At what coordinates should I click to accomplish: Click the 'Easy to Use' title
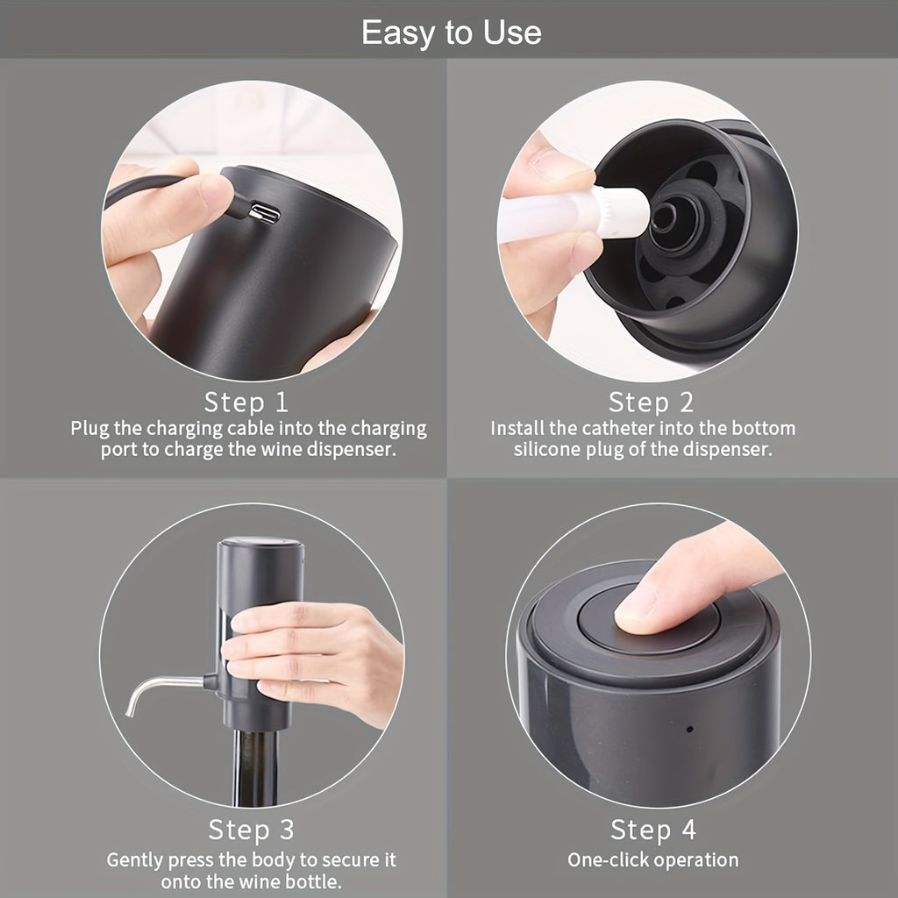click(451, 33)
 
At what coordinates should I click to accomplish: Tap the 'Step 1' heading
click(246, 403)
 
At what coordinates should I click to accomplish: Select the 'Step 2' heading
click(651, 403)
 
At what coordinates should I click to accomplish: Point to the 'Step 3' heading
click(251, 829)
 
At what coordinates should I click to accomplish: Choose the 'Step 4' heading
click(652, 830)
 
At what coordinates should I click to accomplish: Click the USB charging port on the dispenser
click(263, 212)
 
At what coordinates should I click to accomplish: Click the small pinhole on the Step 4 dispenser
click(689, 729)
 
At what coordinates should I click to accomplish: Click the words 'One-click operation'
click(652, 859)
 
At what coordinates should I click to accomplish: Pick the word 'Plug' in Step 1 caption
click(90, 429)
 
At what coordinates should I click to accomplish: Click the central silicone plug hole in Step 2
click(664, 217)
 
